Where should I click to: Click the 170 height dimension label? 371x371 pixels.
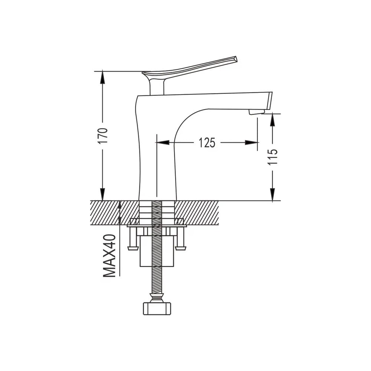(x=103, y=136)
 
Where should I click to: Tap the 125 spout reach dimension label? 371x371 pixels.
(x=207, y=143)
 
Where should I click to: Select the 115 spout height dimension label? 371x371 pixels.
(x=273, y=157)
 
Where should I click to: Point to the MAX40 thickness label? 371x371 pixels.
(x=109, y=256)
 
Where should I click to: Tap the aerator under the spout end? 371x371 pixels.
(x=256, y=112)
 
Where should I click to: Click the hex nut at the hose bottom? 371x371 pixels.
(x=157, y=308)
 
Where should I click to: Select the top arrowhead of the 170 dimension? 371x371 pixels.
(x=102, y=77)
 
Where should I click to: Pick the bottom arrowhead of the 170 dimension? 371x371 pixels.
(x=102, y=194)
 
